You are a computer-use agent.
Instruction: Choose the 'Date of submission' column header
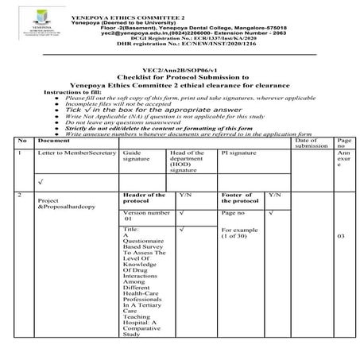point(310,143)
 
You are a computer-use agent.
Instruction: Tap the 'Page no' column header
point(341,143)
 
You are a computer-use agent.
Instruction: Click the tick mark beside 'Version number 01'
point(183,213)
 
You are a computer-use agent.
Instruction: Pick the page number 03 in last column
point(341,236)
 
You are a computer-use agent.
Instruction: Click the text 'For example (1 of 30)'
point(237,233)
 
